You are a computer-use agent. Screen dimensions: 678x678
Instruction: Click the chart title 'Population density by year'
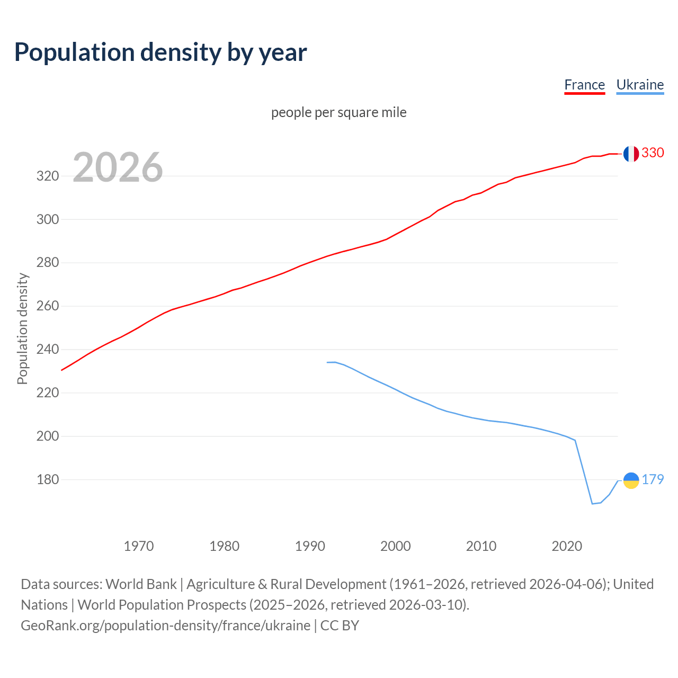pyautogui.click(x=160, y=52)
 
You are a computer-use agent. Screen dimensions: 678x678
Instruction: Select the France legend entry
pyautogui.click(x=584, y=85)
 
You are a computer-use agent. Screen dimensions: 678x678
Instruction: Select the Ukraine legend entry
pyautogui.click(x=640, y=85)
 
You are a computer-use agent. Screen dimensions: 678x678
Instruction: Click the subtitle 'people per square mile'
pyautogui.click(x=338, y=112)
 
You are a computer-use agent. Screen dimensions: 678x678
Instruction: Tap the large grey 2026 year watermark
pyautogui.click(x=118, y=167)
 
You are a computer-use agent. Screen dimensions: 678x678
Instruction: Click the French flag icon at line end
pyautogui.click(x=630, y=154)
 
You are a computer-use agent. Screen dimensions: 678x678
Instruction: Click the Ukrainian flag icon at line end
pyautogui.click(x=631, y=480)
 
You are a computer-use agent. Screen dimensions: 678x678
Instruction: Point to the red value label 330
pyautogui.click(x=653, y=153)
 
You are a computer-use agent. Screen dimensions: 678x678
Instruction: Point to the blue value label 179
pyautogui.click(x=653, y=479)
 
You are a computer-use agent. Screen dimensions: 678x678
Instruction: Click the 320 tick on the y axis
pyautogui.click(x=47, y=176)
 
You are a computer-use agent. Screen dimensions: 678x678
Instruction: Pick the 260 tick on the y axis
pyautogui.click(x=47, y=306)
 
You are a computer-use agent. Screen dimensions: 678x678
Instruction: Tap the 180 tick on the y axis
pyautogui.click(x=47, y=480)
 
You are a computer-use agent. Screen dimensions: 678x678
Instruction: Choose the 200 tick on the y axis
pyautogui.click(x=47, y=436)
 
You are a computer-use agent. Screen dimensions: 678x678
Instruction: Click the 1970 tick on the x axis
pyautogui.click(x=139, y=546)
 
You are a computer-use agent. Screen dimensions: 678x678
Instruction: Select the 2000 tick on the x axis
pyautogui.click(x=396, y=546)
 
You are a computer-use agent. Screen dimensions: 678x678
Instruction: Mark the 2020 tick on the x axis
pyautogui.click(x=567, y=546)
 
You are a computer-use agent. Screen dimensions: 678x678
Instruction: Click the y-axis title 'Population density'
pyautogui.click(x=22, y=328)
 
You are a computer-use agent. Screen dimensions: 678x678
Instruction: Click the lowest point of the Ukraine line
pyautogui.click(x=592, y=504)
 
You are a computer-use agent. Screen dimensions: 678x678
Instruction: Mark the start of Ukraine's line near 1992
pyautogui.click(x=327, y=362)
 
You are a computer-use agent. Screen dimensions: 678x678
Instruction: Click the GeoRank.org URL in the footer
pyautogui.click(x=165, y=626)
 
